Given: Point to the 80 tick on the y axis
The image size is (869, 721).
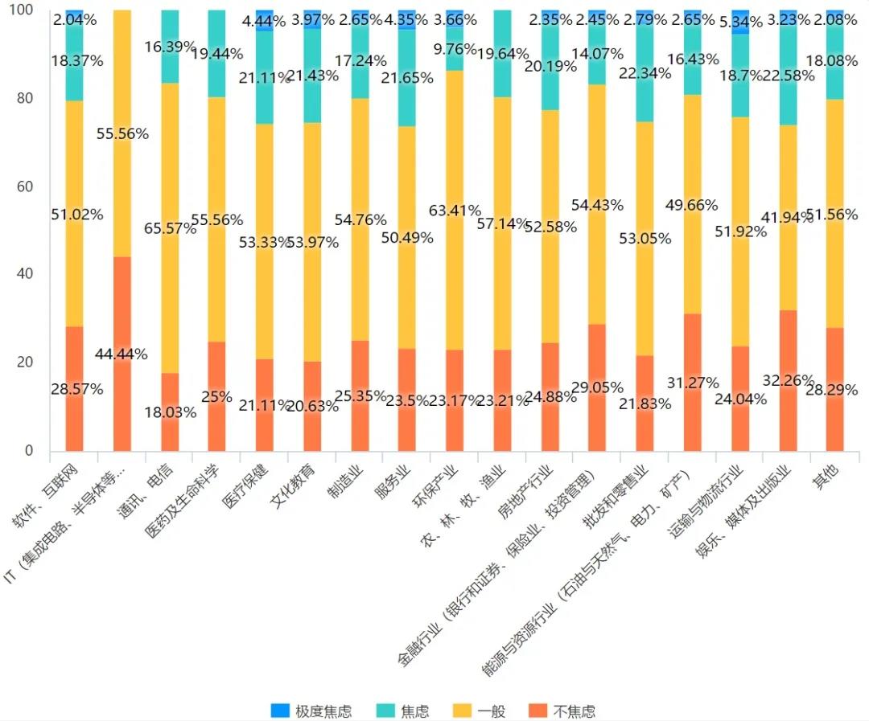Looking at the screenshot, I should pyautogui.click(x=28, y=98).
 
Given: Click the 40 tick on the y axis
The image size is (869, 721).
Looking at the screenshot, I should pyautogui.click(x=28, y=274).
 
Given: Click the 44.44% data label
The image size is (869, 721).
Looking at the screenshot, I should pyautogui.click(x=121, y=354).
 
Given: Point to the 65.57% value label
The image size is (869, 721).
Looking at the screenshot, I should pyautogui.click(x=169, y=229).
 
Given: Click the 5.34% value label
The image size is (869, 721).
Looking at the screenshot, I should pyautogui.click(x=740, y=22).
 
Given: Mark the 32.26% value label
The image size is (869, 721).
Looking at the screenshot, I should pyautogui.click(x=788, y=380).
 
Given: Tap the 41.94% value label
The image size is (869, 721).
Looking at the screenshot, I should pyautogui.click(x=788, y=240).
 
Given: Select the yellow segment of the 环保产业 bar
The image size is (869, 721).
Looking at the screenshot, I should pyautogui.click(x=455, y=161).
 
